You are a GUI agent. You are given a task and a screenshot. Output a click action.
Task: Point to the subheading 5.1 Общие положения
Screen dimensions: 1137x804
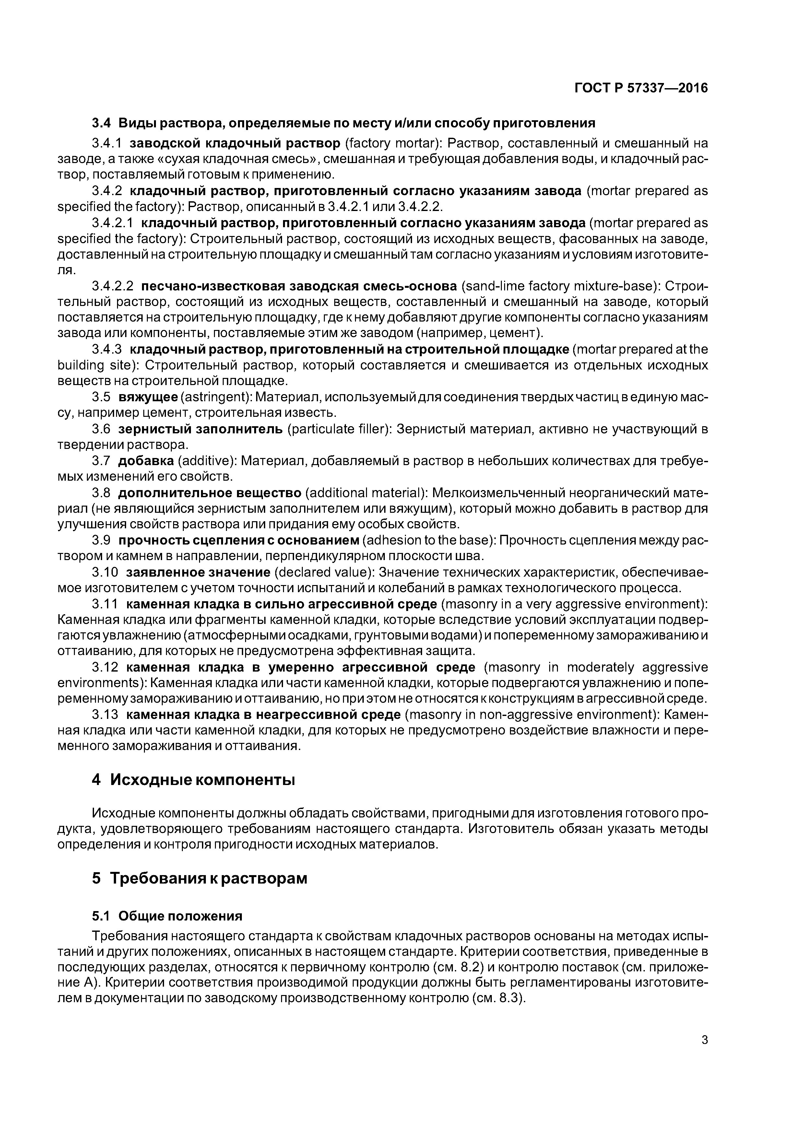click(x=167, y=916)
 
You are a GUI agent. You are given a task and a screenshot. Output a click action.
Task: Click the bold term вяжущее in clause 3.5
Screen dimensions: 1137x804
click(x=148, y=397)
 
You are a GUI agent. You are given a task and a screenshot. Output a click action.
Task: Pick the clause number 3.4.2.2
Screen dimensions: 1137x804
click(x=113, y=286)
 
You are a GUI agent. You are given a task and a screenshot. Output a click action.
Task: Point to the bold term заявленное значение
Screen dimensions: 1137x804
click(x=198, y=572)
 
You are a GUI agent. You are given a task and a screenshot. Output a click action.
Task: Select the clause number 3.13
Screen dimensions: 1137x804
click(x=105, y=715)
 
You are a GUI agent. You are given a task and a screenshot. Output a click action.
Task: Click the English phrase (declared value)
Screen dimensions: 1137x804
click(x=325, y=572)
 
